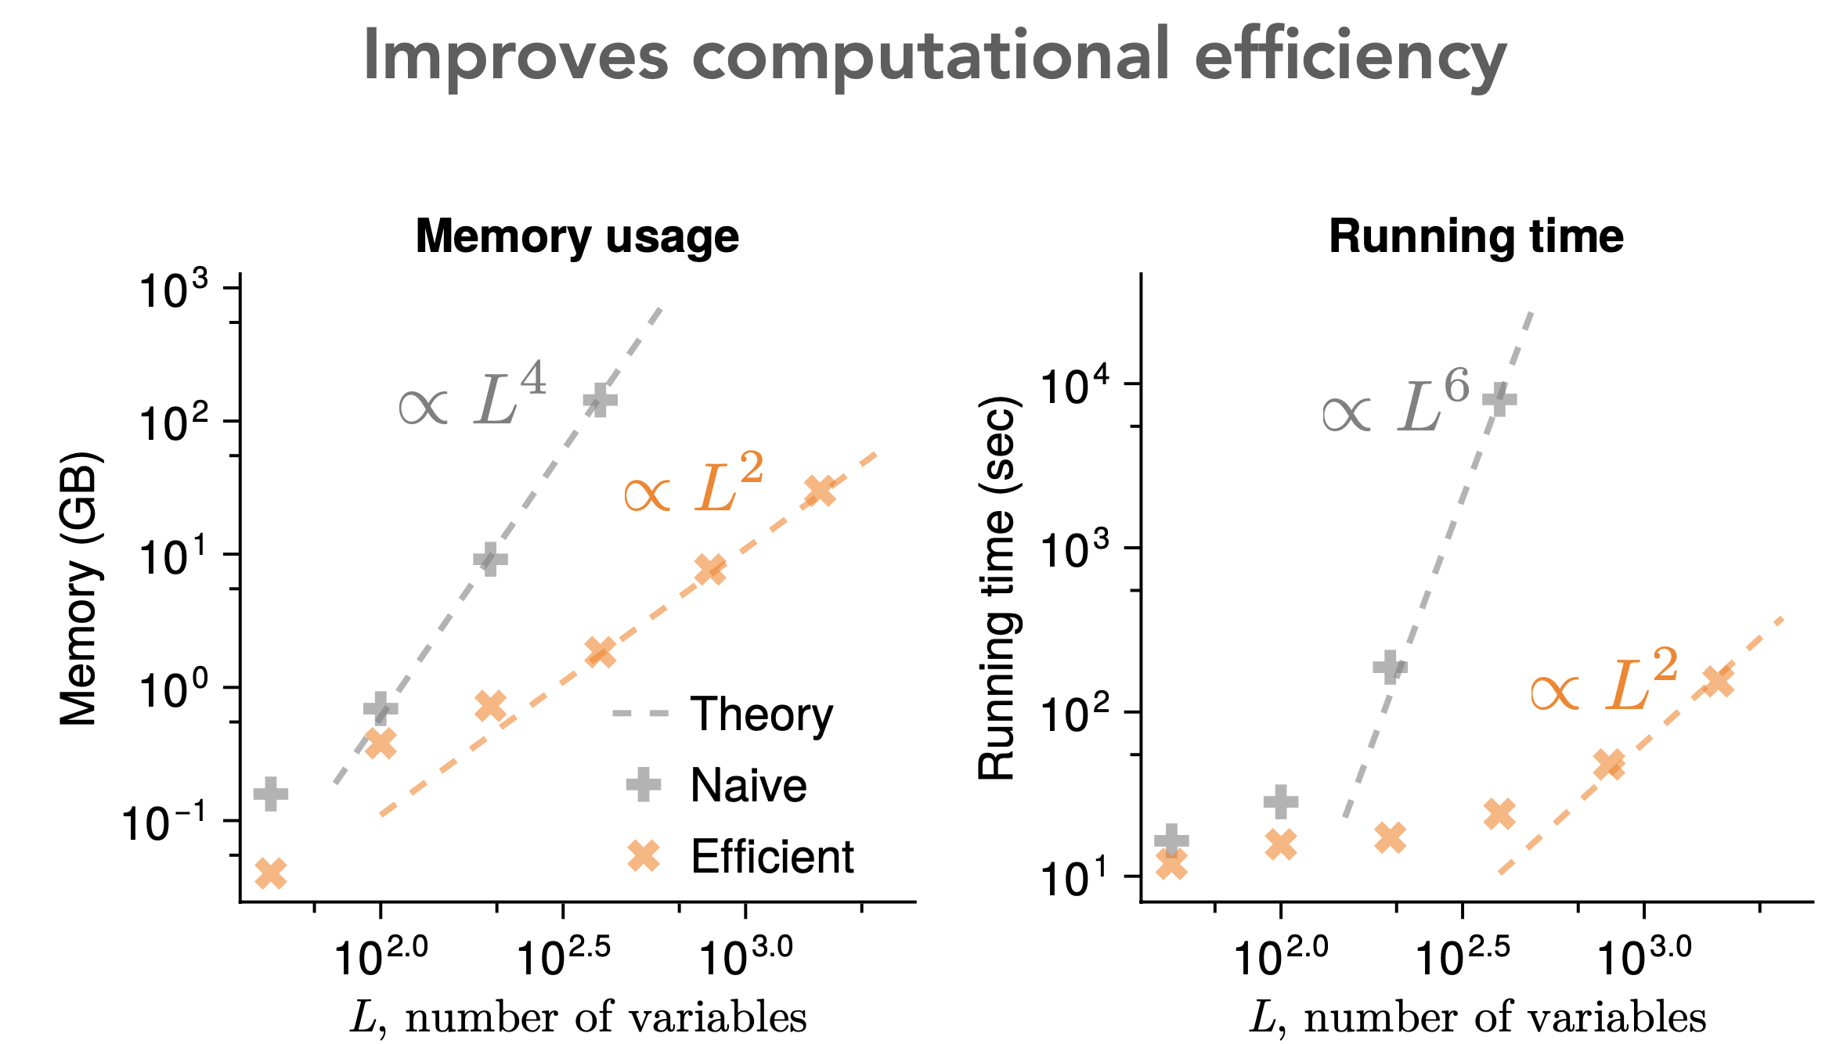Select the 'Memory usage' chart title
pyautogui.click(x=577, y=236)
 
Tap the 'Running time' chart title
pyautogui.click(x=1476, y=236)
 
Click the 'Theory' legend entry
pyautogui.click(x=761, y=715)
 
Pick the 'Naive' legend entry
pyautogui.click(x=748, y=785)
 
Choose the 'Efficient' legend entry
pyautogui.click(x=772, y=856)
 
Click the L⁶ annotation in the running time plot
pyautogui.click(x=1397, y=403)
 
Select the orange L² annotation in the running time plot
pyautogui.click(x=1604, y=682)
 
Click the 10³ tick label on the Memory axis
pyautogui.click(x=174, y=291)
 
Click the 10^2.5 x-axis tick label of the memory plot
pyautogui.click(x=563, y=956)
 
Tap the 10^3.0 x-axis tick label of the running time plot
pyautogui.click(x=1643, y=956)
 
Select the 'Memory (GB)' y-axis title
pyautogui.click(x=80, y=589)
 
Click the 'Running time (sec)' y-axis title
pyautogui.click(x=997, y=589)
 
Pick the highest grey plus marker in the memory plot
pyautogui.click(x=600, y=400)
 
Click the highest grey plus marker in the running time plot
pyautogui.click(x=1499, y=399)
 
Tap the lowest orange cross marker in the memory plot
pyautogui.click(x=271, y=873)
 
